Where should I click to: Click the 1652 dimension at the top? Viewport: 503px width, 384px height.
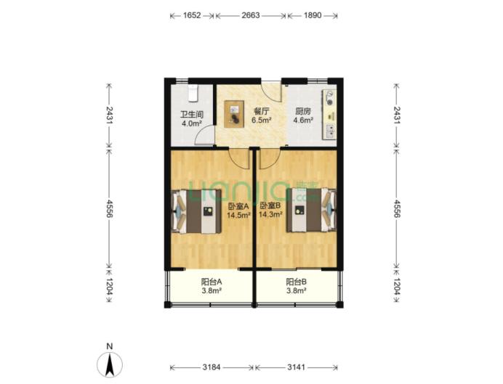[x=192, y=15]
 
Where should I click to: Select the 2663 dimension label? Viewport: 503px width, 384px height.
[x=251, y=15]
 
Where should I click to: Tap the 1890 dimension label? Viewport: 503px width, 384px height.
[x=313, y=15]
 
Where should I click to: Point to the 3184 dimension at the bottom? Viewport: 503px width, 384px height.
[x=212, y=367]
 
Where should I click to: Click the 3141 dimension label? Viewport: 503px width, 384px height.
[x=296, y=367]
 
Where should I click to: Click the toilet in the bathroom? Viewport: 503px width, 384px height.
[x=193, y=93]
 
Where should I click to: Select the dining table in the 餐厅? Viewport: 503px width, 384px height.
[x=234, y=114]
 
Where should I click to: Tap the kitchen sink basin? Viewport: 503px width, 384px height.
[x=330, y=131]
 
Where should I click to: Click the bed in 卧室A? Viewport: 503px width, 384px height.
[x=197, y=212]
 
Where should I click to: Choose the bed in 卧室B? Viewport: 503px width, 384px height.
[x=311, y=210]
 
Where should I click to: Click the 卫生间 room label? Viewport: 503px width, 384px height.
[x=192, y=115]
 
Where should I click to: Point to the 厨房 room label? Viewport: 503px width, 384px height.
[x=303, y=112]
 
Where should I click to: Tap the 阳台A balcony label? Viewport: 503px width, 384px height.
[x=212, y=282]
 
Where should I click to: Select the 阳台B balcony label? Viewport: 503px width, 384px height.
[x=296, y=282]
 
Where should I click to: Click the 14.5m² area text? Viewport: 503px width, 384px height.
[x=238, y=215]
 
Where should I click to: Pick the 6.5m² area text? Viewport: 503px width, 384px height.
[x=262, y=120]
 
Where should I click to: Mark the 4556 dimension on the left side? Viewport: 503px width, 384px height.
[x=109, y=209]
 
